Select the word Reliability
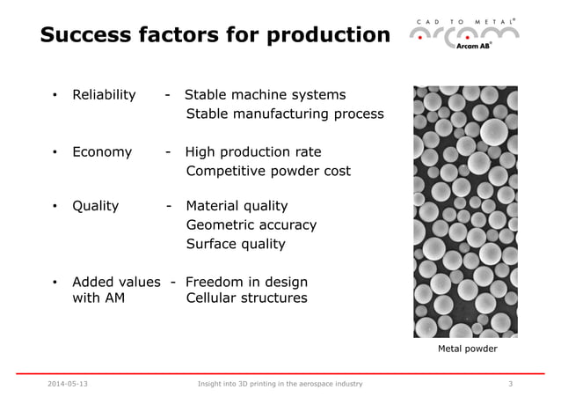[x=104, y=95]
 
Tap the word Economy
[x=102, y=152]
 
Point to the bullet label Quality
[x=95, y=206]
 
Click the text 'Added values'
[x=116, y=283]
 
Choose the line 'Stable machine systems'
[x=265, y=95]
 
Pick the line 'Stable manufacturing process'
[x=285, y=114]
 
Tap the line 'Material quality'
[x=237, y=206]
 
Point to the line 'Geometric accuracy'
[x=251, y=225]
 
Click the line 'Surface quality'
[x=236, y=245]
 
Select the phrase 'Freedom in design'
[x=246, y=283]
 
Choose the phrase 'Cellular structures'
[x=247, y=298]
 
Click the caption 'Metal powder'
[x=467, y=349]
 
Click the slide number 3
[x=511, y=384]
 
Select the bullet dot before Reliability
[x=55, y=96]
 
